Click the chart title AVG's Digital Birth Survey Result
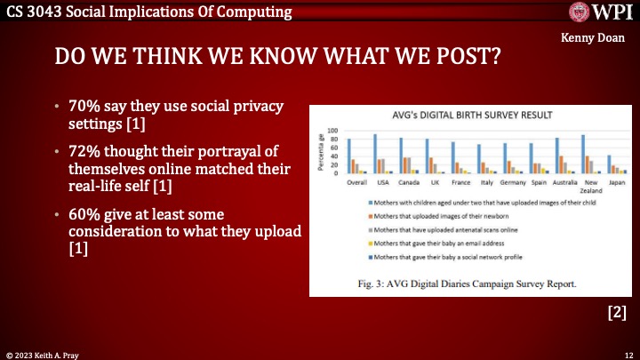pyautogui.click(x=460, y=116)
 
